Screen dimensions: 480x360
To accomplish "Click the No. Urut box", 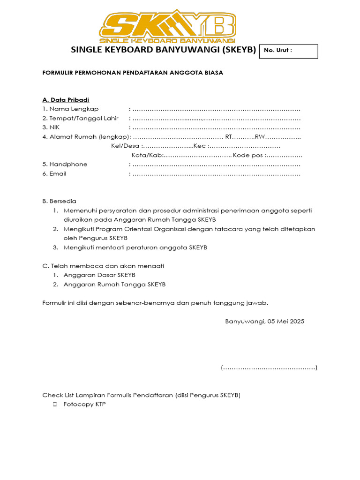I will pos(288,51).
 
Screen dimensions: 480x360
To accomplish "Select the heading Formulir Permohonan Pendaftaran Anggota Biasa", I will pos(133,73).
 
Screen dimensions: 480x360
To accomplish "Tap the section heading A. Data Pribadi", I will pos(66,100).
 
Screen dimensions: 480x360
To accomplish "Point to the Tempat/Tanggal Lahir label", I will pos(80,118).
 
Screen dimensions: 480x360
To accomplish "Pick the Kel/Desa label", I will pos(122,146).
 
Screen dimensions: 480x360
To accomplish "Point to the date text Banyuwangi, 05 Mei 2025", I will pos(264,322).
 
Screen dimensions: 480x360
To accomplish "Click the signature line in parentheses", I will pos(269,367).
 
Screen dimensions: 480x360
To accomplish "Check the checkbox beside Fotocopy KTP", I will pos(55,404).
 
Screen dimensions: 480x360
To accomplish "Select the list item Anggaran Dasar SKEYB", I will pos(99,275).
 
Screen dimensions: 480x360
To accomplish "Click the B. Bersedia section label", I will pos(59,201).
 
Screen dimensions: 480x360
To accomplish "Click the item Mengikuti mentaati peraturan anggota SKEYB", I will pos(135,247).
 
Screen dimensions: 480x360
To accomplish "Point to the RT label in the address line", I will pos(229,137).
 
